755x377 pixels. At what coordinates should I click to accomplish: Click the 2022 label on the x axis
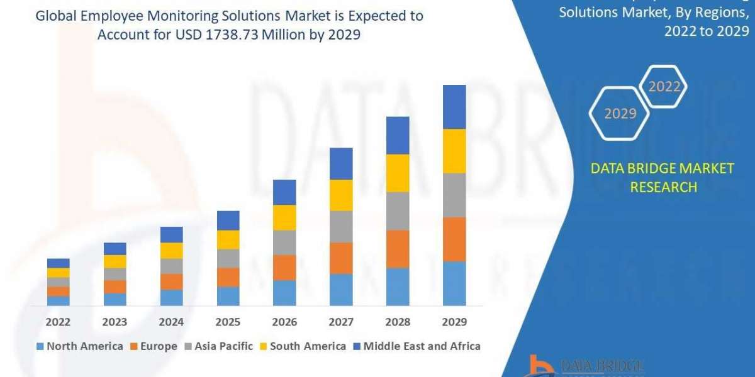(x=58, y=322)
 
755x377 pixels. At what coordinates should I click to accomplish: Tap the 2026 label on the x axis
(x=284, y=322)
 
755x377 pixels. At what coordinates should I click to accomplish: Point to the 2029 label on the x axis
(x=454, y=322)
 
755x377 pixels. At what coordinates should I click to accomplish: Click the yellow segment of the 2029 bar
(x=454, y=151)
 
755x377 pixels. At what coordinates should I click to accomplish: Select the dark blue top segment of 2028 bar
(x=398, y=135)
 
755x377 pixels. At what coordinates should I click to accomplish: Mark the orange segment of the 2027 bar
(x=341, y=258)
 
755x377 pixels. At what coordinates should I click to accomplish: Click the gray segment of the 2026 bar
(x=284, y=243)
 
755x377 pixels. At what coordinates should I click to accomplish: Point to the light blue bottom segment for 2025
(x=228, y=296)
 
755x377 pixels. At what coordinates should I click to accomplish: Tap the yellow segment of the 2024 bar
(x=171, y=251)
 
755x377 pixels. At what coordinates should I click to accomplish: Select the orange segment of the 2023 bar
(x=115, y=287)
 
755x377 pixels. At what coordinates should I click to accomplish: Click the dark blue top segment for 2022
(x=58, y=263)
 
